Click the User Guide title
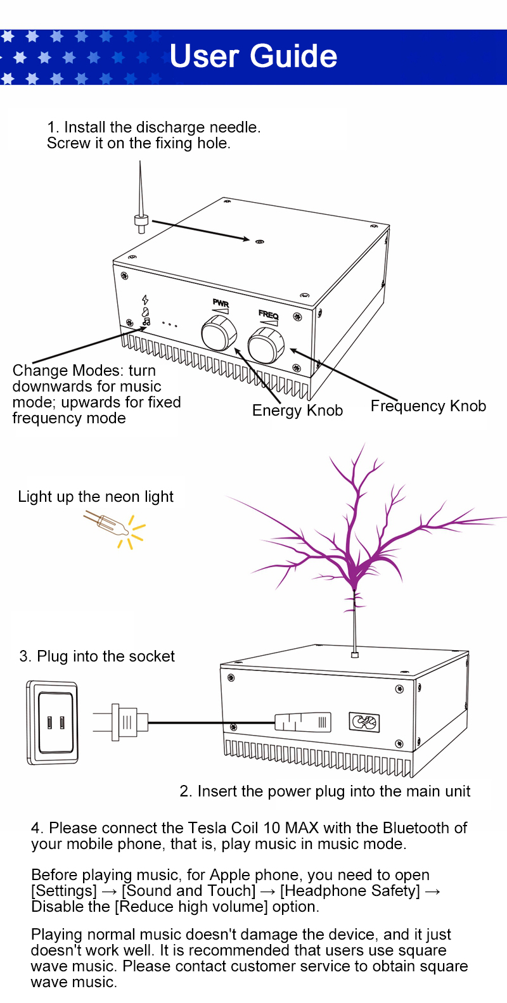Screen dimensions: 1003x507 (x=253, y=56)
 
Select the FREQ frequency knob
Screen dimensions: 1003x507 (x=266, y=345)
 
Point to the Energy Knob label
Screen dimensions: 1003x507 (x=297, y=411)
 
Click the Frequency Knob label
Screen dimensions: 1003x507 (x=428, y=406)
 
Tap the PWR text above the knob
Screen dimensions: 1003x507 (x=221, y=303)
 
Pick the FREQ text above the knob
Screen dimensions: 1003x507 (x=268, y=314)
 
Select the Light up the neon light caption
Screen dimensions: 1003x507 (x=96, y=497)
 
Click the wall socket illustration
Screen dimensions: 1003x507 (x=53, y=722)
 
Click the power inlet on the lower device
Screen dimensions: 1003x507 (x=364, y=722)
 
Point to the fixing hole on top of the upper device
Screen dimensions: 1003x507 (x=259, y=241)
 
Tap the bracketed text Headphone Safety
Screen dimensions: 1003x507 (x=350, y=891)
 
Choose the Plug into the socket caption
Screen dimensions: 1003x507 (x=97, y=656)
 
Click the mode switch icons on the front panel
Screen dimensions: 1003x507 (x=146, y=310)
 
